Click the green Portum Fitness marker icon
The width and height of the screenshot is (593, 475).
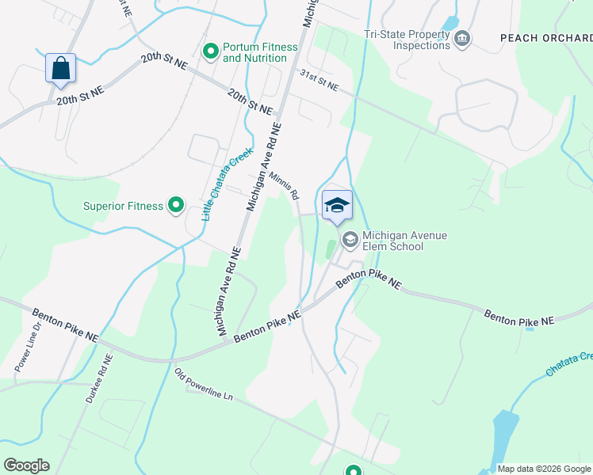click(x=211, y=51)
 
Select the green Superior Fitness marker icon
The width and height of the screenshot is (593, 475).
click(x=176, y=207)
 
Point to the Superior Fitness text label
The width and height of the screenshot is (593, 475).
click(x=123, y=207)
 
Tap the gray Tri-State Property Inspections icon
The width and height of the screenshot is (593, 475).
click(x=463, y=39)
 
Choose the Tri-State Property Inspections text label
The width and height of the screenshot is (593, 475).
click(x=407, y=40)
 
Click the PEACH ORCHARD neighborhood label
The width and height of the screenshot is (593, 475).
click(x=546, y=37)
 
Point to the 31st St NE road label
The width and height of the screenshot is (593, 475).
click(x=319, y=79)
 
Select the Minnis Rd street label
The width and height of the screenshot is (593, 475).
click(x=283, y=185)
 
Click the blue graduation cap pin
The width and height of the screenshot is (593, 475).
click(x=337, y=206)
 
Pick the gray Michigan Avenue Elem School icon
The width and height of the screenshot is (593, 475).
click(x=350, y=238)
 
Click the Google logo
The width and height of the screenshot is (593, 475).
click(x=27, y=465)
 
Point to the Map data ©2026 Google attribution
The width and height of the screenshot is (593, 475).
click(x=543, y=469)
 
